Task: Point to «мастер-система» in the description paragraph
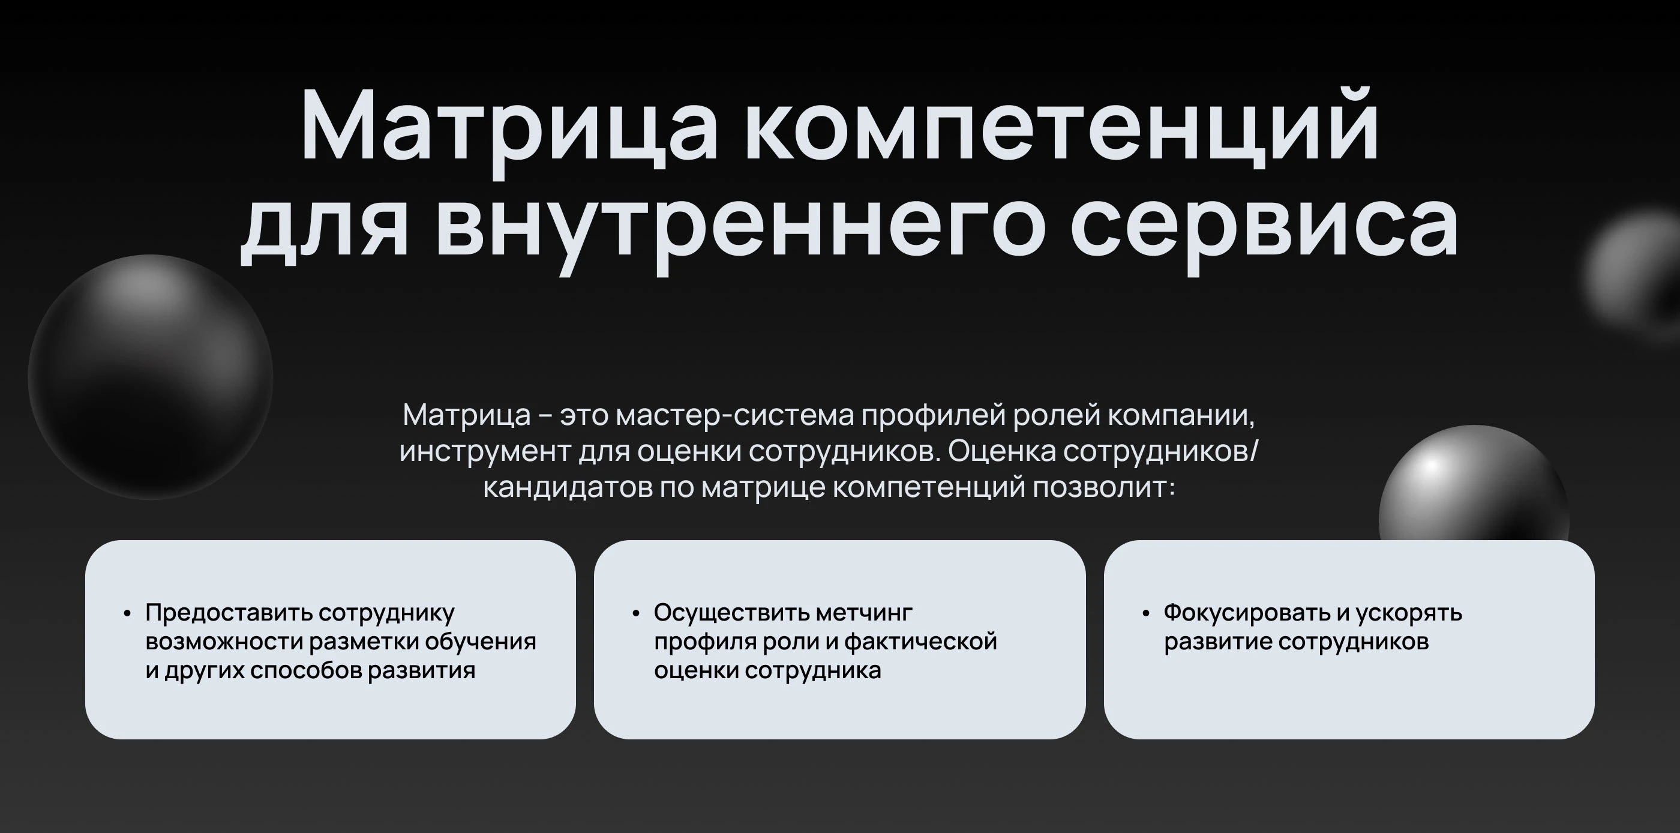pyautogui.click(x=734, y=415)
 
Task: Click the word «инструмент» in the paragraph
pyautogui.click(x=485, y=451)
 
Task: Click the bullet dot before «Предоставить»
pyautogui.click(x=127, y=614)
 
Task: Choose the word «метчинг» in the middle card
pyautogui.click(x=864, y=613)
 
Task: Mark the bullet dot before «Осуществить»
pyautogui.click(x=636, y=614)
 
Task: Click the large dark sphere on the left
pyautogui.click(x=151, y=377)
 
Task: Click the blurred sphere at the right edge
pyautogui.click(x=1637, y=274)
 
